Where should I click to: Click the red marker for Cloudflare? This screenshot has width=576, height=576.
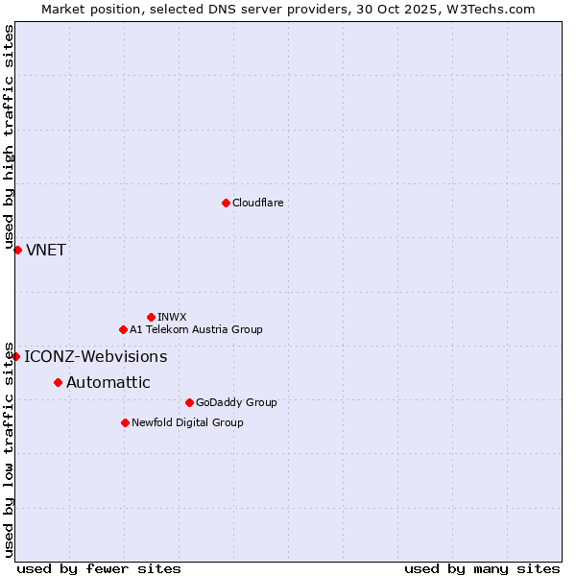click(226, 203)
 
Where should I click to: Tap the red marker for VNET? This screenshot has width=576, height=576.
click(17, 250)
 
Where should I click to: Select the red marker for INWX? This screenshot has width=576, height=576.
click(151, 317)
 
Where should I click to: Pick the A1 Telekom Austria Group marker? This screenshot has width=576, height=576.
click(123, 329)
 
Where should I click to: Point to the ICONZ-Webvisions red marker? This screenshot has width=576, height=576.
click(15, 356)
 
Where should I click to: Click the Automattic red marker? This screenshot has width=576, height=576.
click(58, 382)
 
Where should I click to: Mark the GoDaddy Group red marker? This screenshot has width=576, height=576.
click(189, 402)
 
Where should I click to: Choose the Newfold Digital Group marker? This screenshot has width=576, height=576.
click(125, 422)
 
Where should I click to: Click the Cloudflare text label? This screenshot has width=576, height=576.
click(258, 203)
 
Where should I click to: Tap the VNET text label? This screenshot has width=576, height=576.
click(46, 251)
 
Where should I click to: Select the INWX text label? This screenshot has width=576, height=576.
click(172, 317)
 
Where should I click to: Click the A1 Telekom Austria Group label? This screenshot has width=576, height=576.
click(196, 329)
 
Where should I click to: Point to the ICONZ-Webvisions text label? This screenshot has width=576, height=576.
click(95, 357)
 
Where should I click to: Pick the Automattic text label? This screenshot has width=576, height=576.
click(108, 383)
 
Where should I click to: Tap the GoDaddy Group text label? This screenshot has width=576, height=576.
click(236, 402)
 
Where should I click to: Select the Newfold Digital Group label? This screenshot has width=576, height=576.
click(187, 422)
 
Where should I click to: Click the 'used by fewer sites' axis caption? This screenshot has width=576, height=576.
click(99, 568)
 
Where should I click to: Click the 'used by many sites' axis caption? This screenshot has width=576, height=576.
click(482, 568)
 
